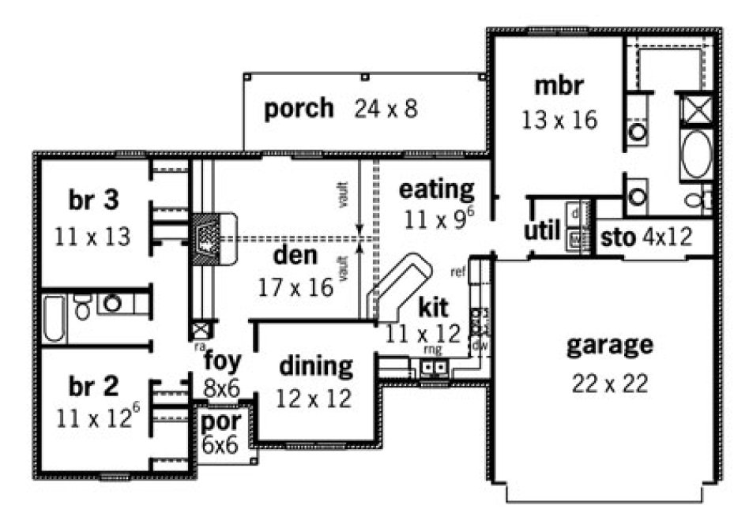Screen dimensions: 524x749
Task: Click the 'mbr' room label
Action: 559,85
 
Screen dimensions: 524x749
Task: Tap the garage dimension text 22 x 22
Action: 609,384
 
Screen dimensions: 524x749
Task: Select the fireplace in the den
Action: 206,236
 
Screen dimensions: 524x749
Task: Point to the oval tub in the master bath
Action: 695,155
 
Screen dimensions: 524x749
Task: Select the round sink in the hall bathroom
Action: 112,303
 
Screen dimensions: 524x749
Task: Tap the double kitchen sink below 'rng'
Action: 434,366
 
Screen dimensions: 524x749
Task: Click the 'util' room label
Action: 542,232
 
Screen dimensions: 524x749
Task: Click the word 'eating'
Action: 436,189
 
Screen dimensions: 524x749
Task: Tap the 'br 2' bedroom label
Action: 93,386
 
